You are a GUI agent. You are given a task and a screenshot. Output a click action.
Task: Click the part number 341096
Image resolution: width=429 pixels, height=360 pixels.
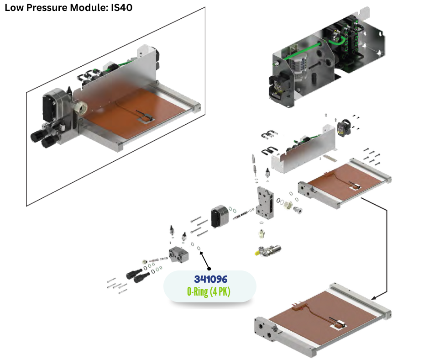[210, 279]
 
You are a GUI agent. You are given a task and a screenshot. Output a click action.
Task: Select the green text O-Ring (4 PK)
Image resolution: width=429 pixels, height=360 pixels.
[210, 291]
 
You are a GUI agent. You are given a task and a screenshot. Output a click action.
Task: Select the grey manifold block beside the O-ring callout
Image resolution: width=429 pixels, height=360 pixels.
[179, 254]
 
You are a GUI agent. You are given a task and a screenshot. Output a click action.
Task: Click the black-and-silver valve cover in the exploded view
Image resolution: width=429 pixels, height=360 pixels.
[219, 216]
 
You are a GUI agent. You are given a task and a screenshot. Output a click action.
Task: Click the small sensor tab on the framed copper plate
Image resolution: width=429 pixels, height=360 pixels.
[146, 117]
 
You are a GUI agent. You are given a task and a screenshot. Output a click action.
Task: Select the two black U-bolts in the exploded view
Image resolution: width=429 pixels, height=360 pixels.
[269, 144]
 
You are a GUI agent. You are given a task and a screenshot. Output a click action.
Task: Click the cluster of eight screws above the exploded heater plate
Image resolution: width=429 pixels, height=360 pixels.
[372, 156]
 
